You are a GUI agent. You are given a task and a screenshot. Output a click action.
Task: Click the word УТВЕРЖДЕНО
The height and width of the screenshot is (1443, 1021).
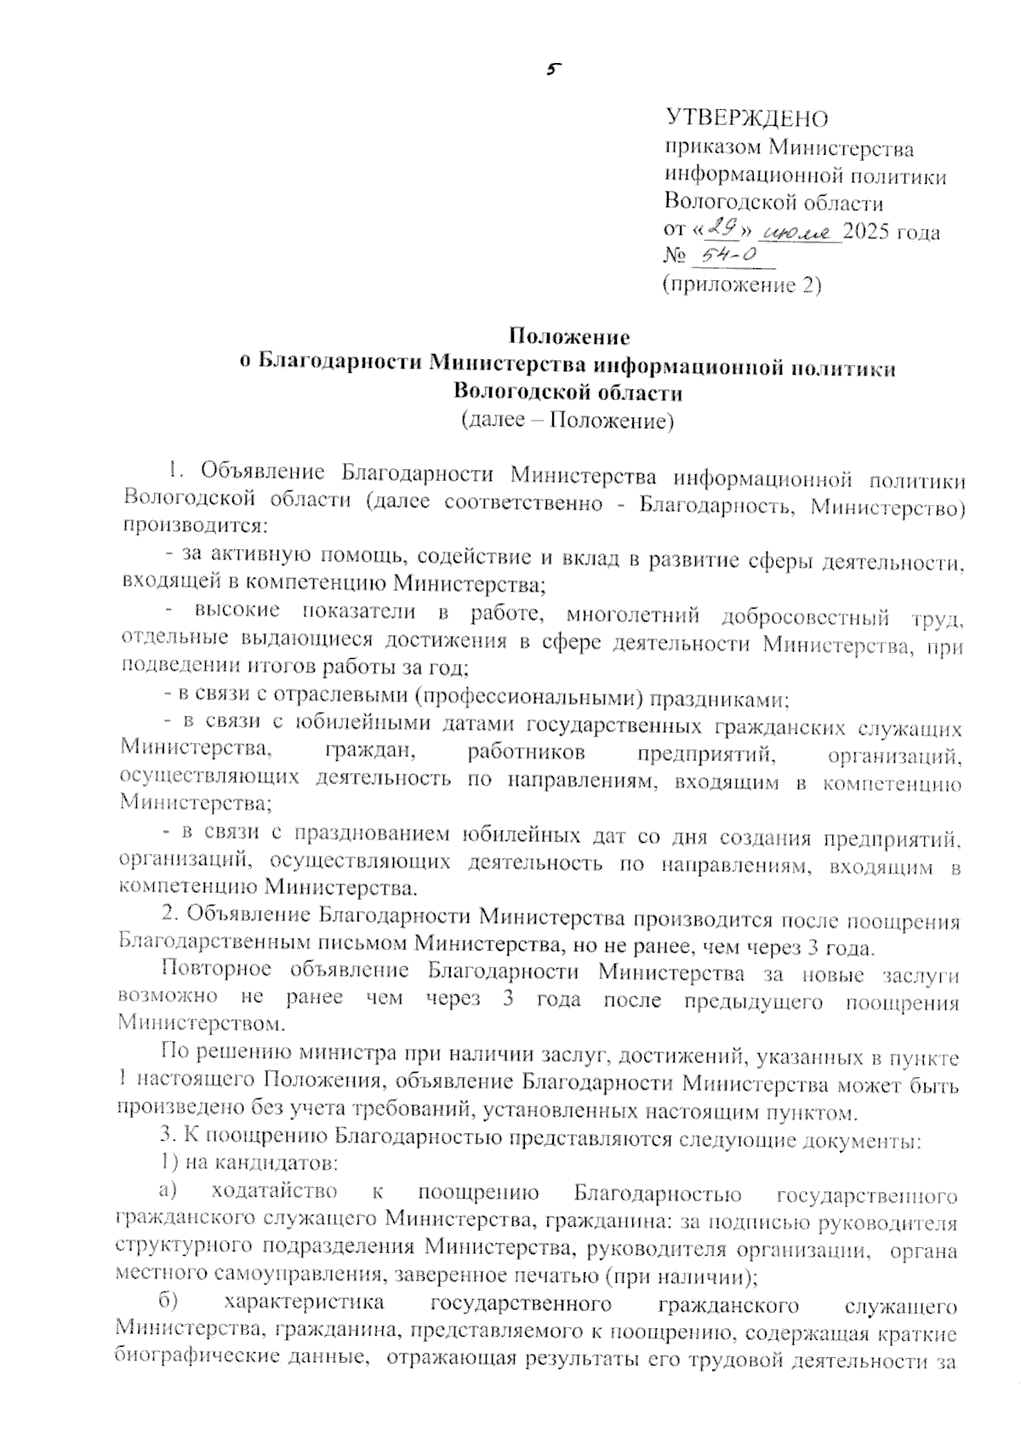(x=746, y=117)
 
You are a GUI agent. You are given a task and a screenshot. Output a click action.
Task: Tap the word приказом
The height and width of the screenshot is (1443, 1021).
(x=712, y=149)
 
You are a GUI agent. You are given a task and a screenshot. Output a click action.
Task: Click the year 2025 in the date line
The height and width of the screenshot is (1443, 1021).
(x=871, y=232)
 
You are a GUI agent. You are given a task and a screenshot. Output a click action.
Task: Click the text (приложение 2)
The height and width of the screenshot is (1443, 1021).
(x=742, y=285)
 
